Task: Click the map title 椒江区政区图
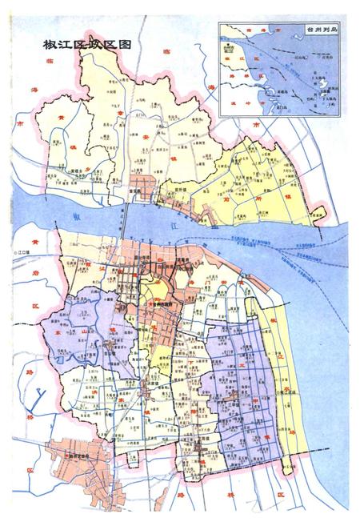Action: pyautogui.click(x=89, y=45)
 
